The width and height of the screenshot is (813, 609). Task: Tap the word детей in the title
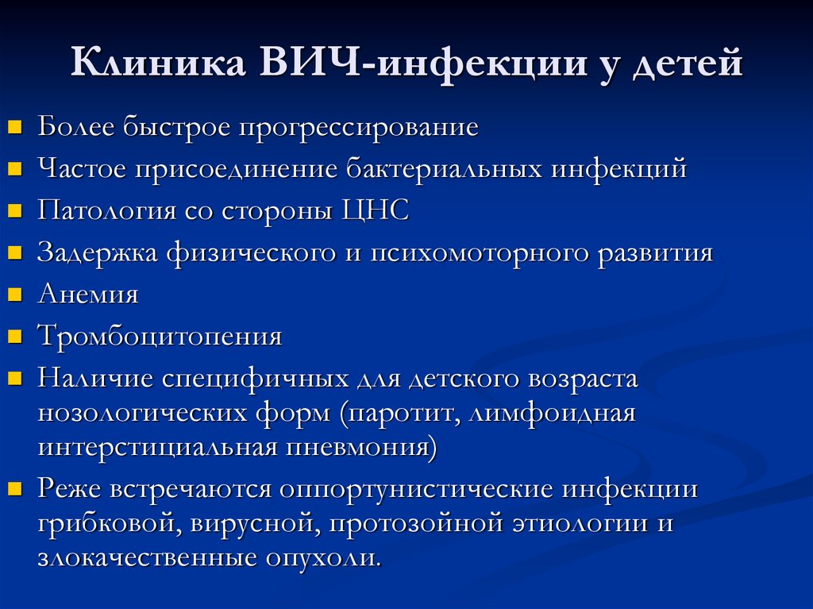pyautogui.click(x=688, y=64)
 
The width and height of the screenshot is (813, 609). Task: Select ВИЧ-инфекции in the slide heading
pyautogui.click(x=423, y=64)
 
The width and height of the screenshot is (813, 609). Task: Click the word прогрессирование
pyautogui.click(x=358, y=128)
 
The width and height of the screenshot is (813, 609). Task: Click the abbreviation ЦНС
pyautogui.click(x=376, y=211)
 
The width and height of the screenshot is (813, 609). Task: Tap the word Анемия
pyautogui.click(x=88, y=294)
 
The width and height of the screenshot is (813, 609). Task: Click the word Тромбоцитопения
pyautogui.click(x=160, y=337)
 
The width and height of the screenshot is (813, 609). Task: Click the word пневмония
pyautogui.click(x=361, y=447)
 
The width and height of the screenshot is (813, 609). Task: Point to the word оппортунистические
pyautogui.click(x=416, y=490)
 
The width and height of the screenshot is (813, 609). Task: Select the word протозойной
pyautogui.click(x=416, y=523)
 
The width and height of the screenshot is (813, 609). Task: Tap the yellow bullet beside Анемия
pyautogui.click(x=15, y=294)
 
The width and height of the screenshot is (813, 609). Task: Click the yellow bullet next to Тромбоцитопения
pyautogui.click(x=15, y=336)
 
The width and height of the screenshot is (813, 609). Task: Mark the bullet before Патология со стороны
pyautogui.click(x=15, y=210)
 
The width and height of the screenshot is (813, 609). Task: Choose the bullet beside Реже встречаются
pyautogui.click(x=15, y=488)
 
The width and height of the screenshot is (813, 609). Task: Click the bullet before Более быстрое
pyautogui.click(x=15, y=126)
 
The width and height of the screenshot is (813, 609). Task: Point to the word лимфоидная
pyautogui.click(x=553, y=414)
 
